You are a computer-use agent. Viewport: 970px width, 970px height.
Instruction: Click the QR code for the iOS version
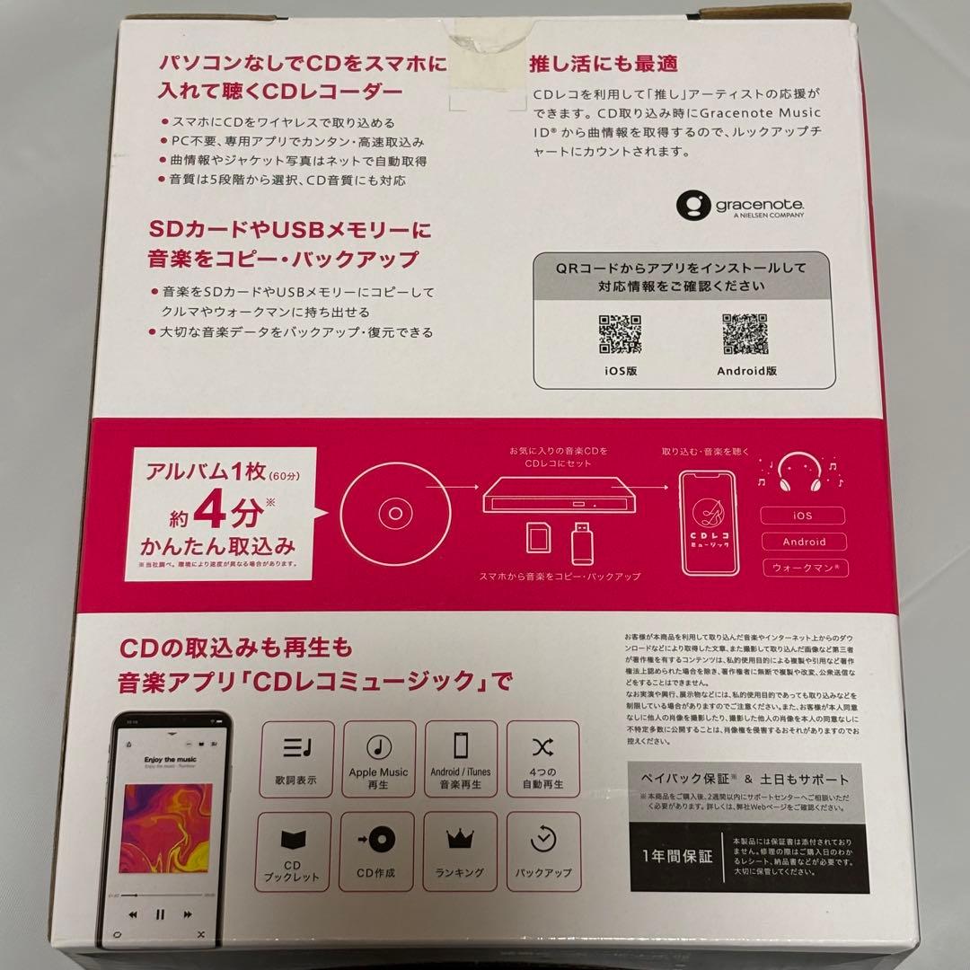tap(620, 335)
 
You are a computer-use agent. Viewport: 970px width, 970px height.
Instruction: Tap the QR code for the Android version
tap(745, 335)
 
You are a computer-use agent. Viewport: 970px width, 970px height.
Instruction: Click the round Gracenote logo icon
tap(692, 206)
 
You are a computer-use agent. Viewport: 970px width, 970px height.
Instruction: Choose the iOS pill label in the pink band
tap(803, 516)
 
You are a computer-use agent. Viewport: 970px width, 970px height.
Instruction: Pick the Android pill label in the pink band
tap(803, 542)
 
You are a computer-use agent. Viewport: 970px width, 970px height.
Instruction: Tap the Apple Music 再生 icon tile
tap(377, 756)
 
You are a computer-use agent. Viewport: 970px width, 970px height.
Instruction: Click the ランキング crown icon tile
tap(460, 850)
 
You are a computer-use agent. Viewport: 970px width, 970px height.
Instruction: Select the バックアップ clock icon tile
tap(542, 850)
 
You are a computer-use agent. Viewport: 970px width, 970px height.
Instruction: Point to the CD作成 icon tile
tap(377, 850)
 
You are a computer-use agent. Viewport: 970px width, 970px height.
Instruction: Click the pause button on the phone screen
tap(160, 914)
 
